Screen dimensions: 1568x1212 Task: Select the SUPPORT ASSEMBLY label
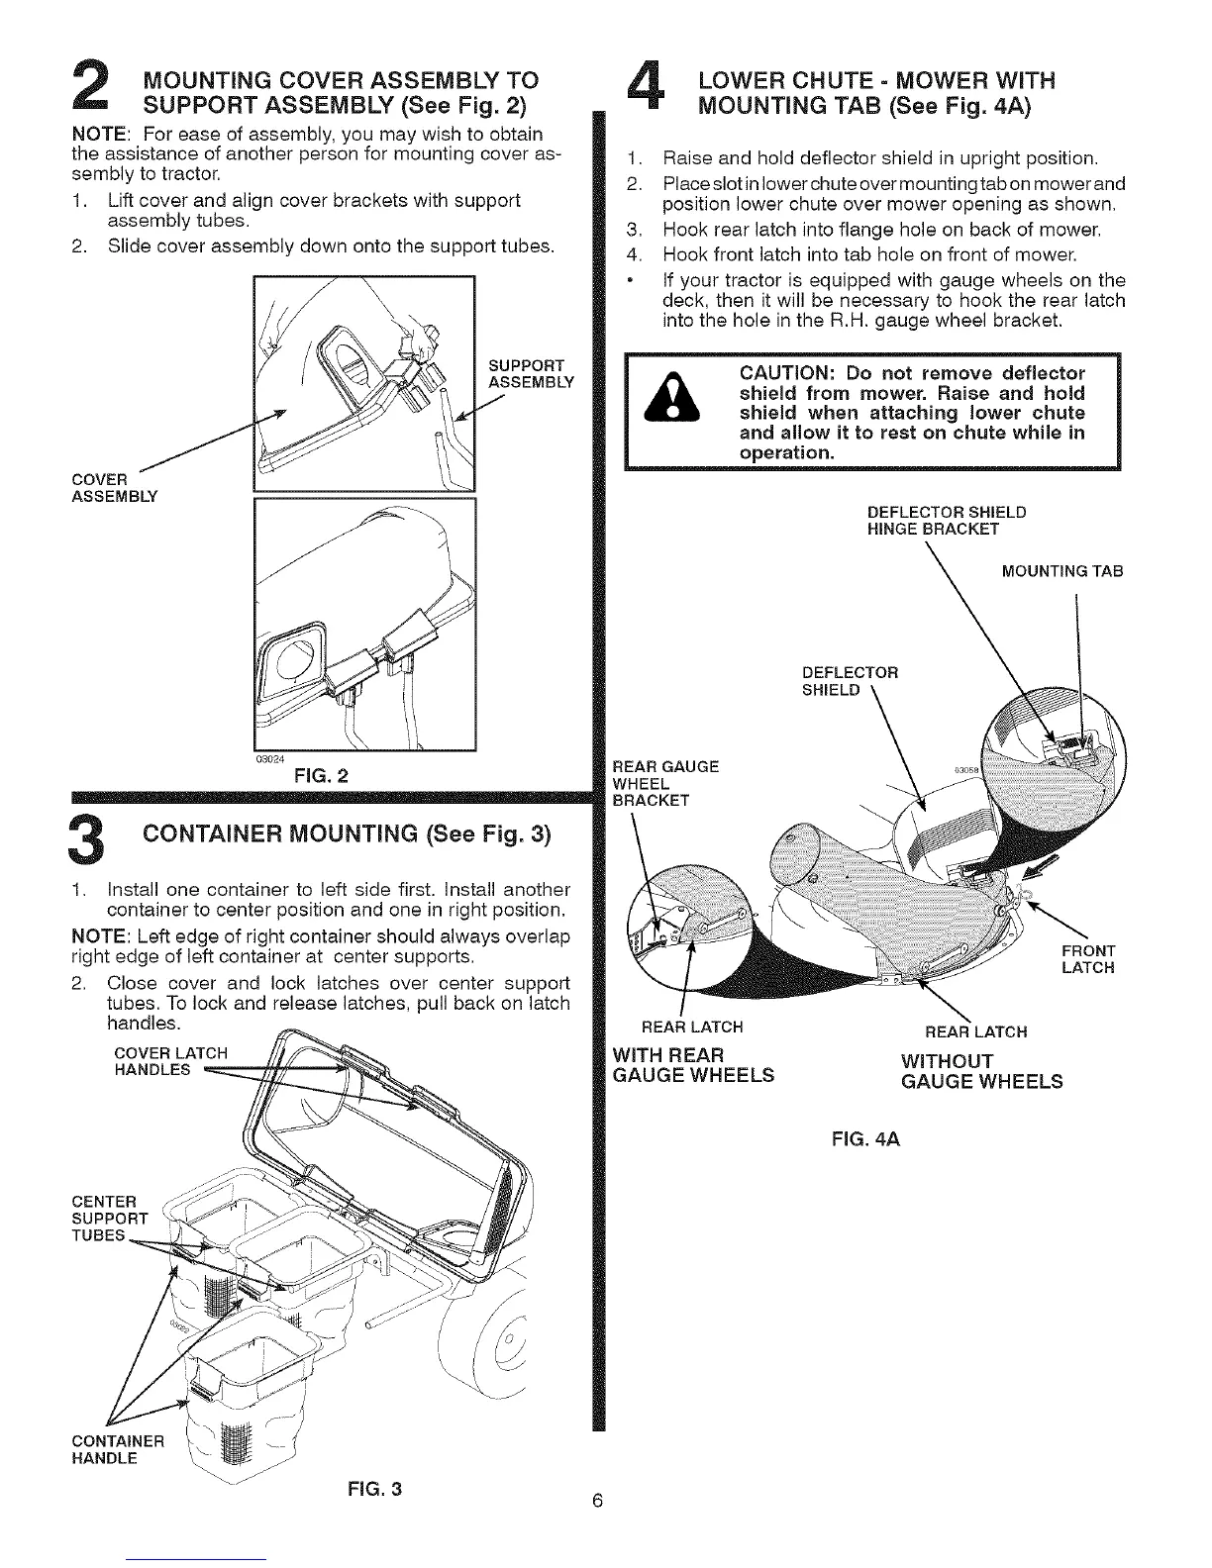pos(528,374)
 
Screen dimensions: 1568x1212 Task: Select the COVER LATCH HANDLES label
pos(172,1060)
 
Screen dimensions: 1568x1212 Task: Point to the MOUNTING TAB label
pos(1062,572)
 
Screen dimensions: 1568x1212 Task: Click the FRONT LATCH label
pos(1087,959)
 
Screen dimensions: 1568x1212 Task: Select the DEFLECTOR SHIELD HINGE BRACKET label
pos(946,521)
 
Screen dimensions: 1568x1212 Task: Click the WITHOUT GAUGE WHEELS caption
pos(981,1071)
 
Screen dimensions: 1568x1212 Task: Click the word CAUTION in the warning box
pos(788,374)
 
